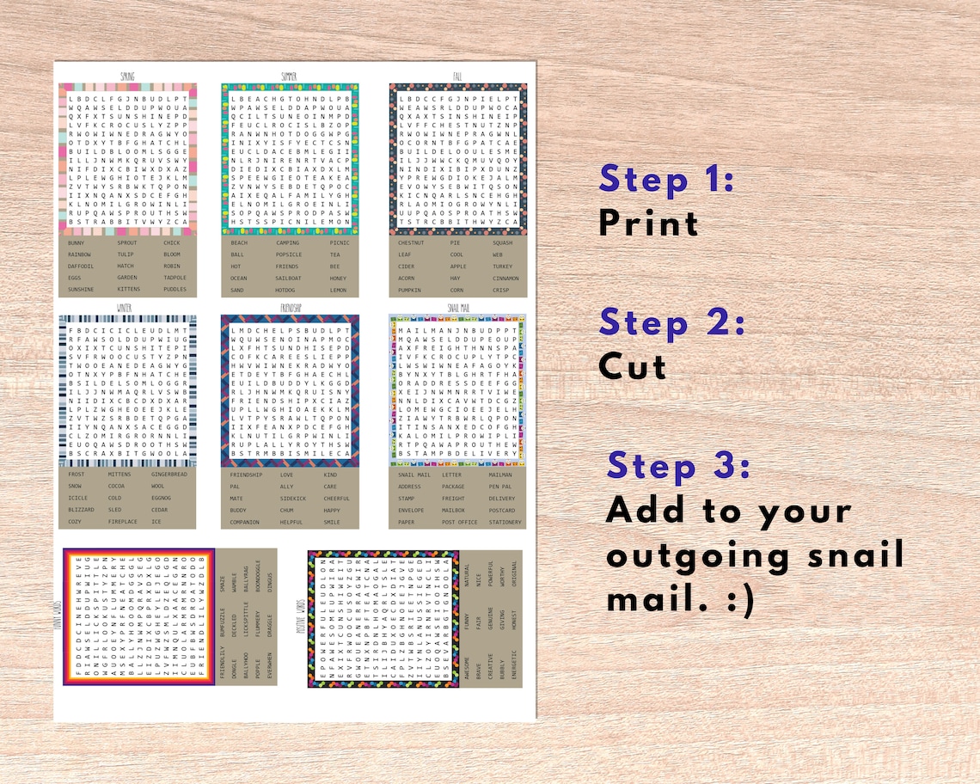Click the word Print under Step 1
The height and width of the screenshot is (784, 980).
[648, 223]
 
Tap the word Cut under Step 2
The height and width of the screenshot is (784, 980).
[633, 367]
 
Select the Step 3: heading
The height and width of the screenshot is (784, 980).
[678, 466]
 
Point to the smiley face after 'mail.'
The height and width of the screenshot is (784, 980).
[736, 599]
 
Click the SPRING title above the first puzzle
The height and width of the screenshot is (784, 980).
[127, 77]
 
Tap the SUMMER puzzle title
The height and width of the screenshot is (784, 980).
[288, 77]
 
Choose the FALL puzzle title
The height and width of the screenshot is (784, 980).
[457, 77]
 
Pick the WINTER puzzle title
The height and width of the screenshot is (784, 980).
[125, 307]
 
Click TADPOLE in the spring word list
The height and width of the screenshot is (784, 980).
[175, 278]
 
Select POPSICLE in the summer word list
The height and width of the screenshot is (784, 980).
[288, 254]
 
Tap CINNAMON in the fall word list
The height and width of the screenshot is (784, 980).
[505, 278]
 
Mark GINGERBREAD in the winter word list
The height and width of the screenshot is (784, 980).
[168, 475]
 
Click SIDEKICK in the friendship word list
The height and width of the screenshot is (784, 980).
[292, 499]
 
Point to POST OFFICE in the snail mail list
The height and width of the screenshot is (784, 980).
[459, 522]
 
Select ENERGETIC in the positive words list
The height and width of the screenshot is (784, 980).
[514, 661]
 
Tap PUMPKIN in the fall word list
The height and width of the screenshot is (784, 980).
[410, 290]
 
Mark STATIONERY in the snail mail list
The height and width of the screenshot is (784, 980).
[505, 522]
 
